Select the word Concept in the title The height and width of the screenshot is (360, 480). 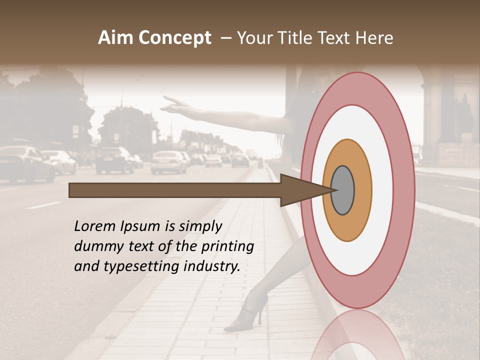174,38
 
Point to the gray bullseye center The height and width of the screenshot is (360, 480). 343,190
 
